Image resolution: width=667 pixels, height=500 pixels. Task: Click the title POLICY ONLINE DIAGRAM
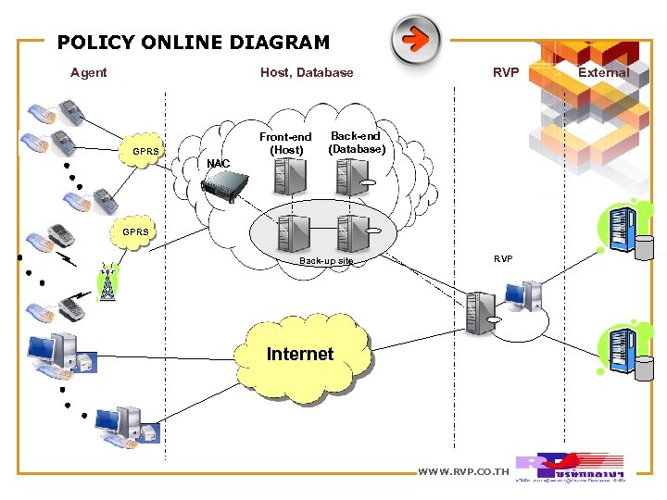point(193,42)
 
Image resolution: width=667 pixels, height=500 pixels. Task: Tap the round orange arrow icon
point(415,40)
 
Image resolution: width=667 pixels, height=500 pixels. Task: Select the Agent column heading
point(88,72)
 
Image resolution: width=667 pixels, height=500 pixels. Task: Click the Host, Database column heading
point(307,72)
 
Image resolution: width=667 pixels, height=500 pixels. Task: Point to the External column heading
point(603,72)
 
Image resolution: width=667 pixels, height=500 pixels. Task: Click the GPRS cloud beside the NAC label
point(146,151)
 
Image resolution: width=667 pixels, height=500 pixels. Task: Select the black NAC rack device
point(228,186)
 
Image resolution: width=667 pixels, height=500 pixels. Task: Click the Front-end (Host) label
point(285,143)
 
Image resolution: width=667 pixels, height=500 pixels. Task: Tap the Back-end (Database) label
point(356,142)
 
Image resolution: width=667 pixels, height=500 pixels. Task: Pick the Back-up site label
point(326,261)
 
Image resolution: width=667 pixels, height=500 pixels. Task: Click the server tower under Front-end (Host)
point(293,175)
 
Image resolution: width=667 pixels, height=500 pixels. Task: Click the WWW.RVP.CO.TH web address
point(464,472)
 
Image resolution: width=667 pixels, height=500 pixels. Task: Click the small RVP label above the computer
point(502,259)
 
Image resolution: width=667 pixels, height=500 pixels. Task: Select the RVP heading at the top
point(506,72)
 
